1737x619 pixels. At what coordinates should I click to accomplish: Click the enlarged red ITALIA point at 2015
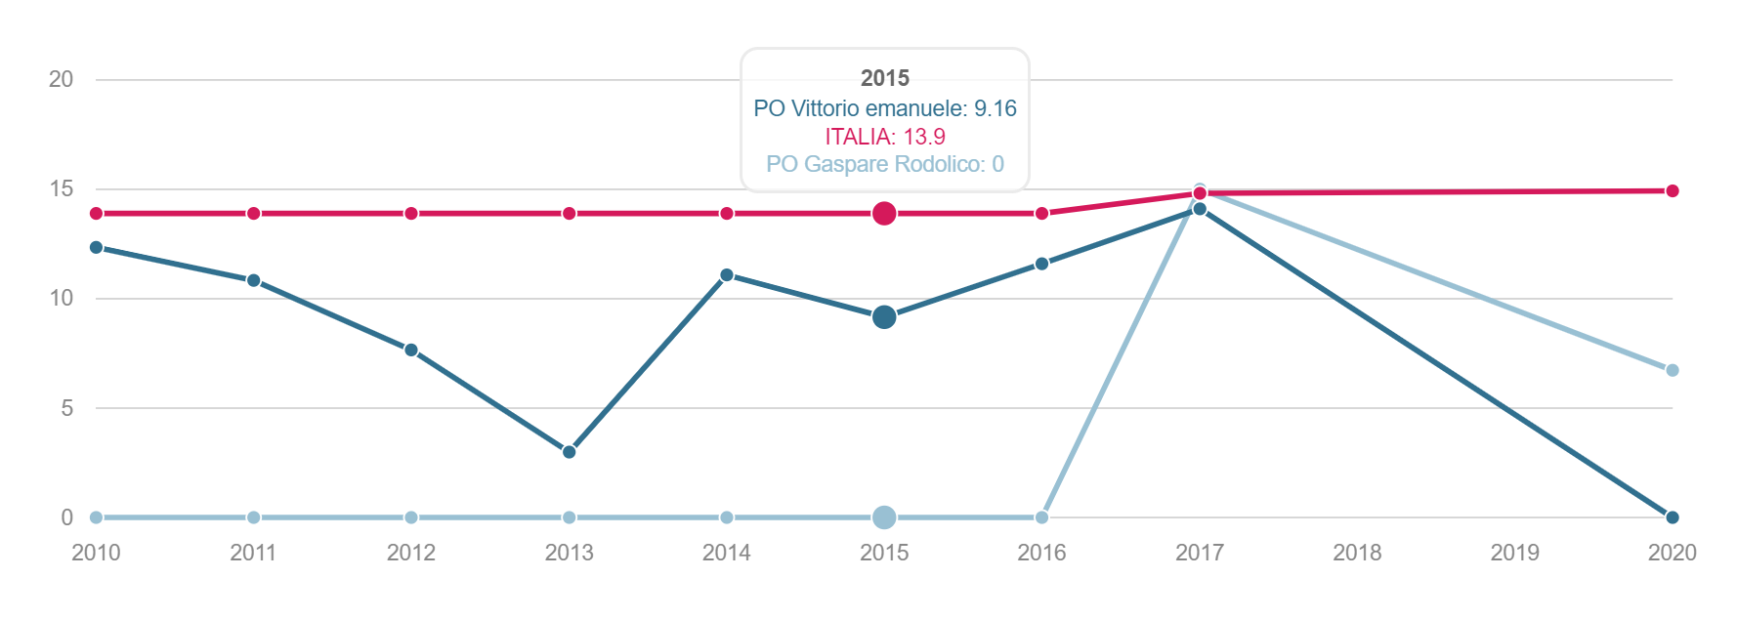click(x=884, y=213)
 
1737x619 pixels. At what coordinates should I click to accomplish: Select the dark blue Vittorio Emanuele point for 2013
click(x=570, y=452)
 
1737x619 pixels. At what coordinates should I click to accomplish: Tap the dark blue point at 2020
click(x=1673, y=517)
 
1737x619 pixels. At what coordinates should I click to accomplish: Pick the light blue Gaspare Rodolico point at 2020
click(x=1673, y=370)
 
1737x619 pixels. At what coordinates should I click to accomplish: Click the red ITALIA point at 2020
click(x=1673, y=190)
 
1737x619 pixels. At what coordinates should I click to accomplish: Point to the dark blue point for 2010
click(x=96, y=247)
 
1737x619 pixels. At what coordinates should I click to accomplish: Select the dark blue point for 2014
click(x=727, y=275)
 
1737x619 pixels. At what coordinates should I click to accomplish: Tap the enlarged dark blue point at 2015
click(x=884, y=316)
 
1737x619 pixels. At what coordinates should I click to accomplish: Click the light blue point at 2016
click(x=1042, y=517)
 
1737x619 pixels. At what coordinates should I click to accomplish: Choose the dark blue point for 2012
click(x=411, y=350)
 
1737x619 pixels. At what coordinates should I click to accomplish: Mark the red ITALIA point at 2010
click(x=96, y=213)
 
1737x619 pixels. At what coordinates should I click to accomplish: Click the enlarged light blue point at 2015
click(x=884, y=517)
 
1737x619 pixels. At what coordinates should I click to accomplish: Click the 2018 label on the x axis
click(x=1357, y=553)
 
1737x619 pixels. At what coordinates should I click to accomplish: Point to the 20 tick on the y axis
click(x=61, y=79)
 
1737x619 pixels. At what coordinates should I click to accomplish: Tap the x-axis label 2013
click(x=570, y=553)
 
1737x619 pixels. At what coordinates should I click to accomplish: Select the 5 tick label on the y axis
click(x=66, y=408)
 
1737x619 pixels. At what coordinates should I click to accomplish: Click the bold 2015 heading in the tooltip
click(x=885, y=78)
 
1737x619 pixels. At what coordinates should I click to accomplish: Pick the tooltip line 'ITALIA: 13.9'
click(x=885, y=137)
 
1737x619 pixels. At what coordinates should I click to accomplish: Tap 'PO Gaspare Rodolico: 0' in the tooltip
click(x=885, y=164)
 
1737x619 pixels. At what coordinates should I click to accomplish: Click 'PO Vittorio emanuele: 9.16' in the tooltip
click(x=885, y=108)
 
